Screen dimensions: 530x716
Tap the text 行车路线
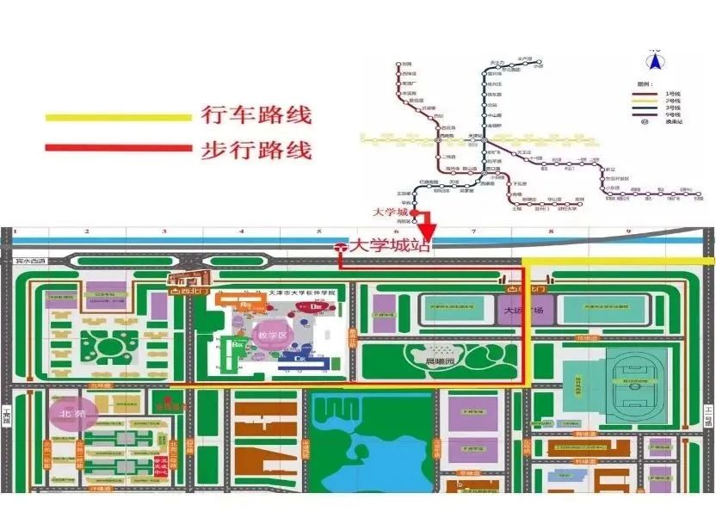(x=256, y=115)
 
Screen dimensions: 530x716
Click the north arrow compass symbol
(x=655, y=60)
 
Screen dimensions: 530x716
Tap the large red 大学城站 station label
(x=387, y=247)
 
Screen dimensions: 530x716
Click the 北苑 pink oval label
(x=73, y=413)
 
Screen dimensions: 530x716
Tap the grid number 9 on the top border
(x=628, y=231)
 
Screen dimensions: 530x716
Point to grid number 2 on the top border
(x=87, y=231)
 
